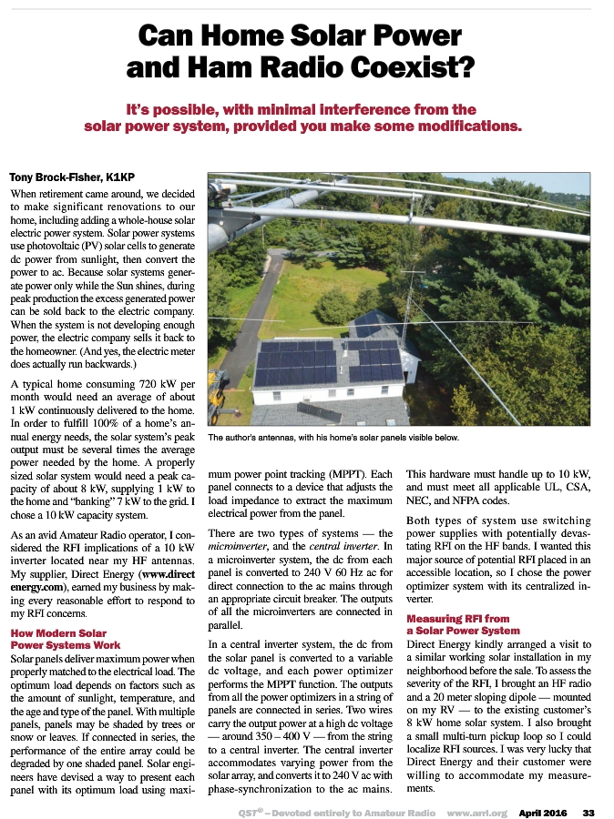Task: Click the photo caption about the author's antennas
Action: click(333, 438)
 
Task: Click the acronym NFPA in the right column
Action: click(470, 502)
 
